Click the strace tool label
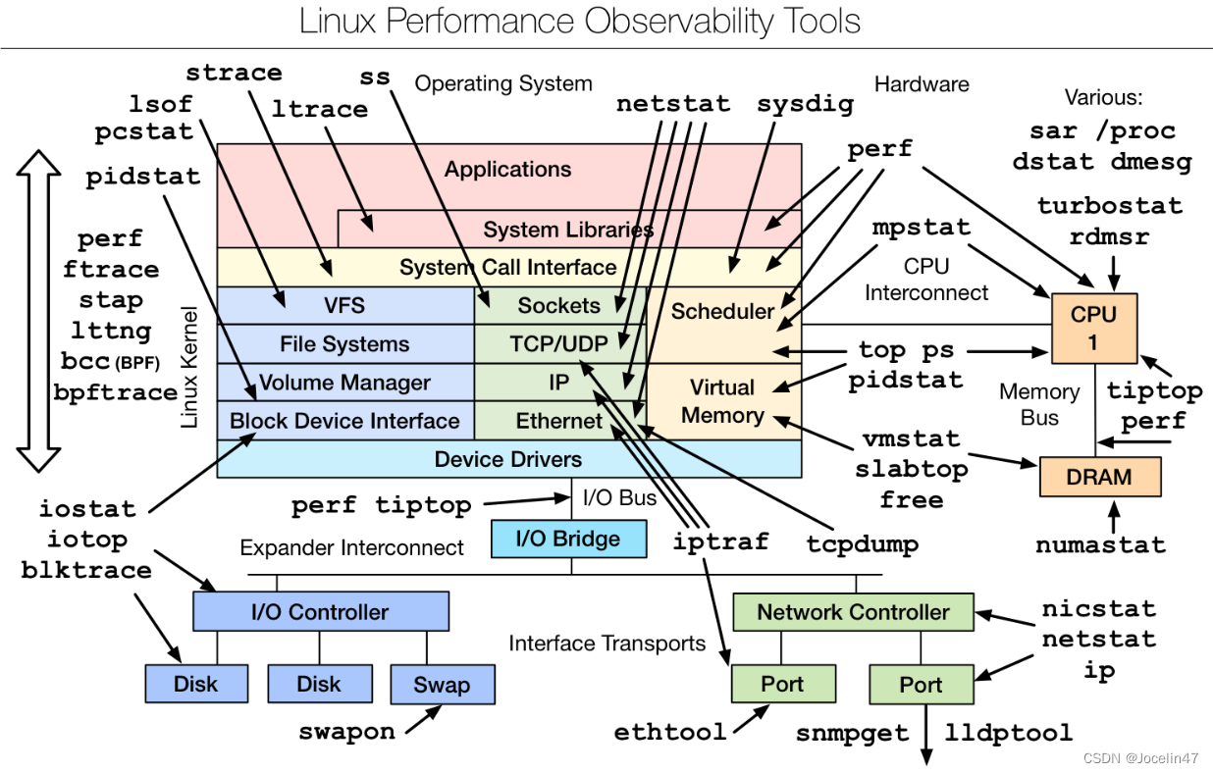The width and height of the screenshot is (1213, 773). click(234, 73)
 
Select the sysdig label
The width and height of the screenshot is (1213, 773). click(805, 103)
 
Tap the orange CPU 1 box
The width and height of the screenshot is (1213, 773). click(1093, 328)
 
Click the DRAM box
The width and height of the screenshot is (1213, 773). click(1100, 478)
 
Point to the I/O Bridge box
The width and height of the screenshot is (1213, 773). click(569, 539)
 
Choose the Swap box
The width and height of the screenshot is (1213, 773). click(442, 684)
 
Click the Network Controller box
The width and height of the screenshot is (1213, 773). click(853, 612)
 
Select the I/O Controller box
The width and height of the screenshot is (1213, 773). click(320, 612)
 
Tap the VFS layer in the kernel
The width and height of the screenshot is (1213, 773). click(344, 306)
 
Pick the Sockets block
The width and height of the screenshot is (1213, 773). click(558, 306)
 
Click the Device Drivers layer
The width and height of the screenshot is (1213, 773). click(508, 459)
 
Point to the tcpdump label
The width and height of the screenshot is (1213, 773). click(863, 543)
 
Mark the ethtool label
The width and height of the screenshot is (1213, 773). click(671, 732)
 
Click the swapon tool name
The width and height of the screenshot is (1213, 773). click(347, 731)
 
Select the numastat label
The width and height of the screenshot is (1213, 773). click(1100, 545)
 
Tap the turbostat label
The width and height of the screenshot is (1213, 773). click(1109, 206)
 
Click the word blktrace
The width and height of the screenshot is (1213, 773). click(86, 570)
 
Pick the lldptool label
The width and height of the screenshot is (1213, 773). click(1009, 733)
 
